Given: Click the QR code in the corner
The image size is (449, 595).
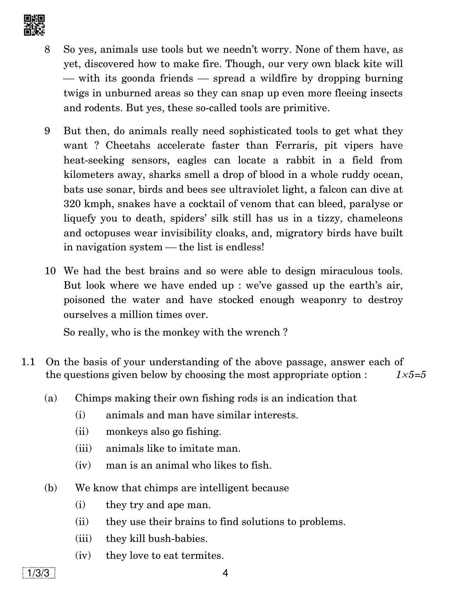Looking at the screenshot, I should pos(34,25).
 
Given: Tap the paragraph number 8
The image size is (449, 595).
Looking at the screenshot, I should pos(48,49).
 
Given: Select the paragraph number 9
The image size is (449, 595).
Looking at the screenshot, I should pos(48,131).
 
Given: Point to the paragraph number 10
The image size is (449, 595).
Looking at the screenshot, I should pos(50,271).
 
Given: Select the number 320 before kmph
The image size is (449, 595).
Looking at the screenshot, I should pos(72,204).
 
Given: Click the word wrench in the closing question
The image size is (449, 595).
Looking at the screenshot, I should pos(263,332).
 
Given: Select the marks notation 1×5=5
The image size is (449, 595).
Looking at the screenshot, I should pos(411,375).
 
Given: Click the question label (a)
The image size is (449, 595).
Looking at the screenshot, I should pos(51,398).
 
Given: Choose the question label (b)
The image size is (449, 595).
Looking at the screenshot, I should pos(51,488).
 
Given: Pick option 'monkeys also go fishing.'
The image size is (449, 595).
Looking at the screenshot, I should pos(163,432).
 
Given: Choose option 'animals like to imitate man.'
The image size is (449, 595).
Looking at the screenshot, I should pos(173,448).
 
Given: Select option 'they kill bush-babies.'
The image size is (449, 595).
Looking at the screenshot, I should pos(156,539).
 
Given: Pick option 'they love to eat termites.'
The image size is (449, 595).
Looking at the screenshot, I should pos(165,555).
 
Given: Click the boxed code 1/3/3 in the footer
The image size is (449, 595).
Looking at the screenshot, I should pos(39,573).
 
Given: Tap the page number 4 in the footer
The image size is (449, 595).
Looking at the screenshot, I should pos(225,573).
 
